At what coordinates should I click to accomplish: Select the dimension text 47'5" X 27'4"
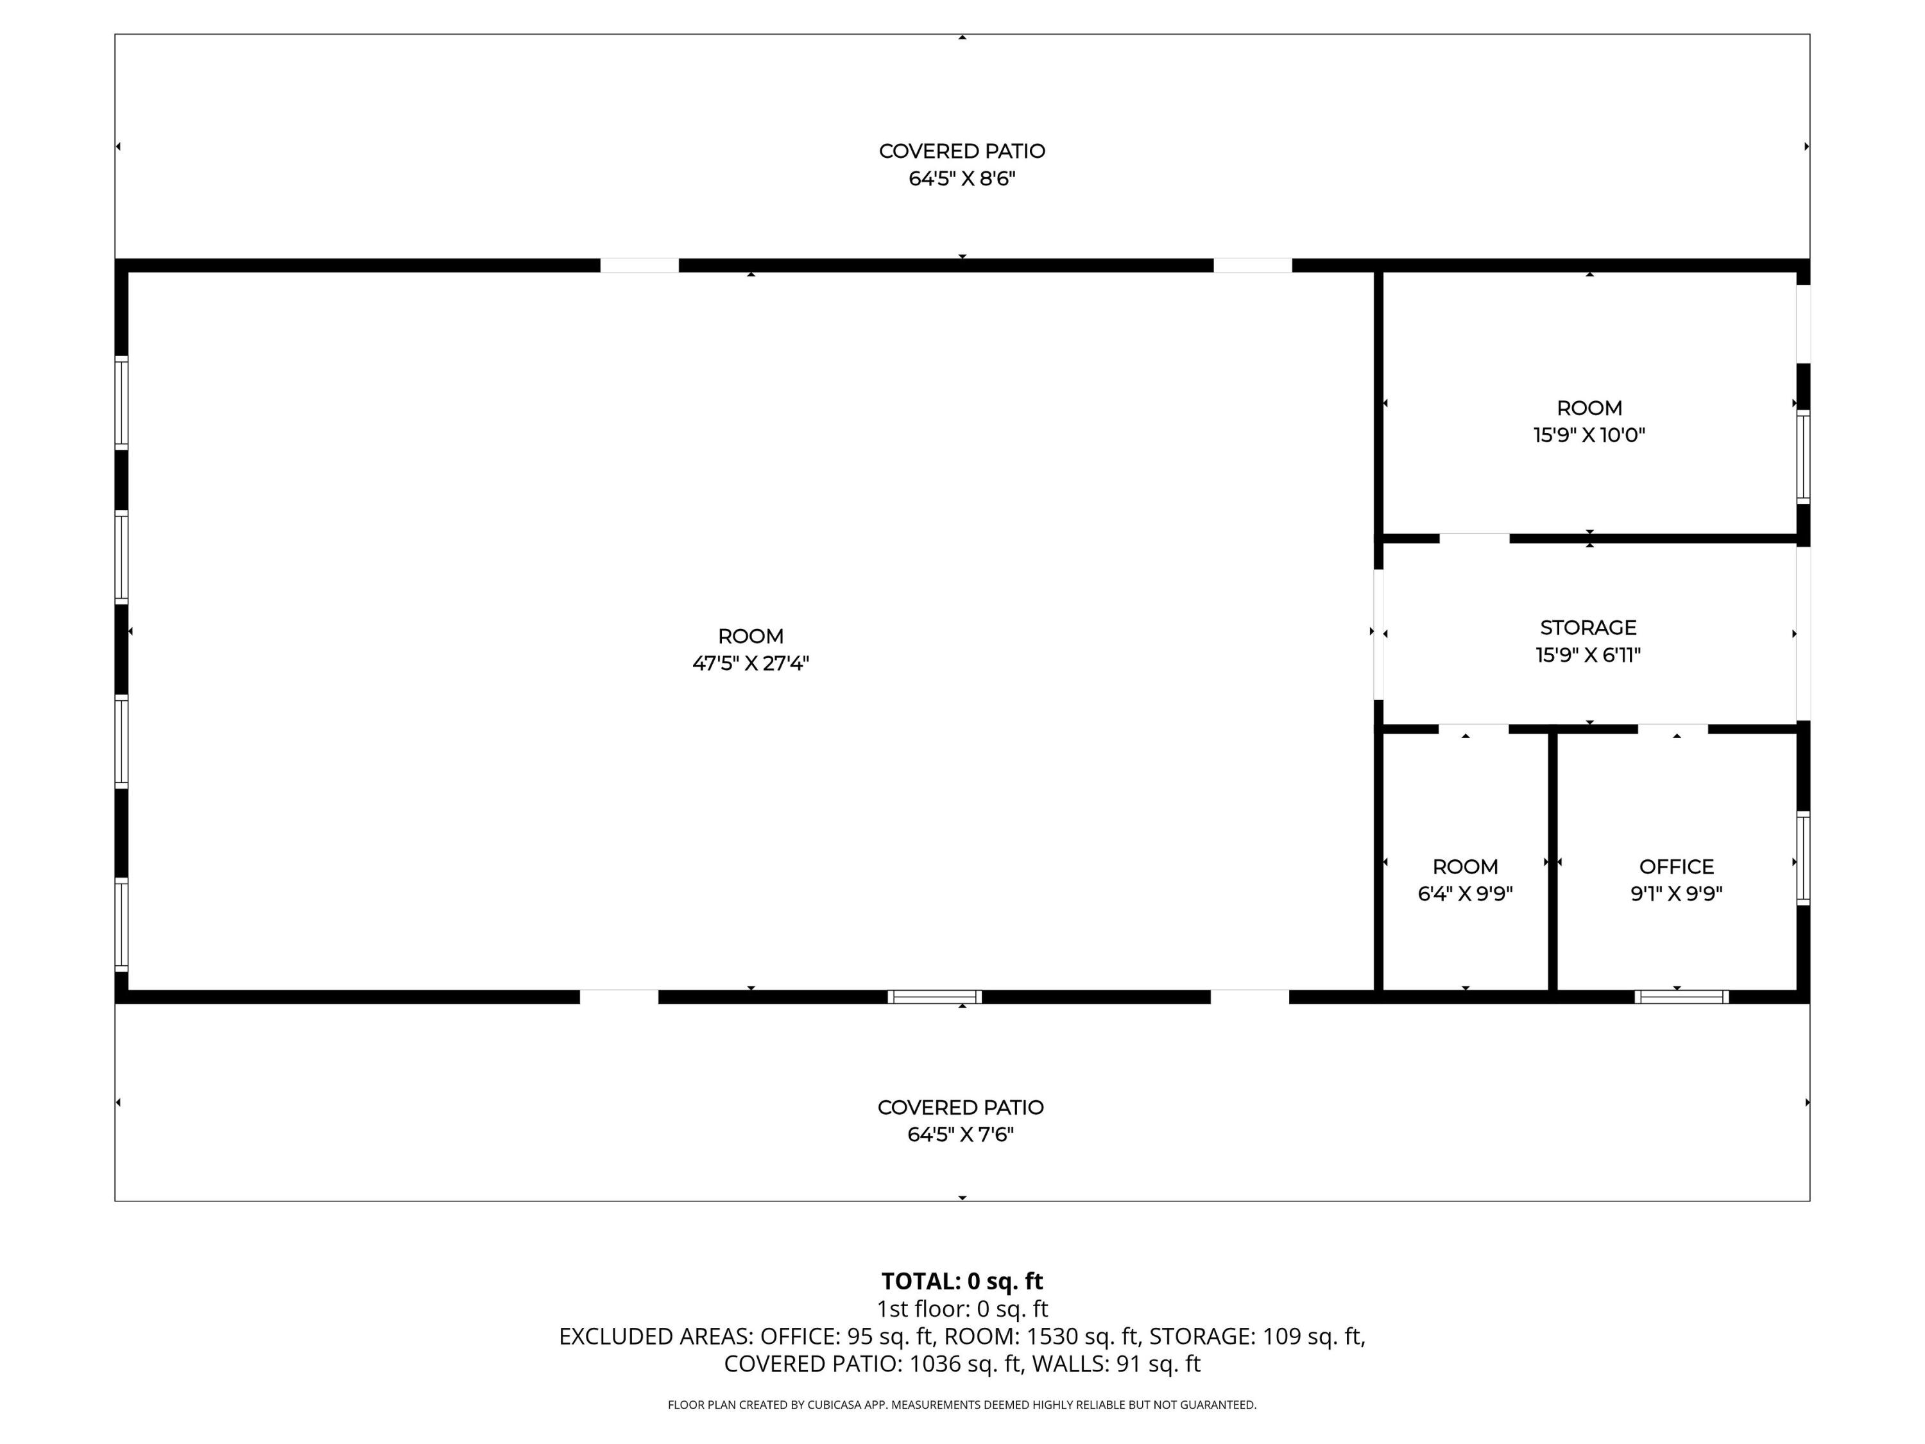tap(750, 663)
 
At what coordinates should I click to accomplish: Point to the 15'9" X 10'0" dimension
tap(1589, 435)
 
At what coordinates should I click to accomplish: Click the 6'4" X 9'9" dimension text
tap(1466, 894)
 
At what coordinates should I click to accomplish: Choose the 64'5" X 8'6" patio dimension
tap(962, 178)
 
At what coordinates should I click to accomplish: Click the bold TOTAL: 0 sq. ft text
tap(962, 1281)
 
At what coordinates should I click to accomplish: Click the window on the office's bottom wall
tap(1681, 997)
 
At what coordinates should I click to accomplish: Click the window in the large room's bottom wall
tap(935, 997)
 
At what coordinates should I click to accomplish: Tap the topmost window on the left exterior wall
tap(122, 403)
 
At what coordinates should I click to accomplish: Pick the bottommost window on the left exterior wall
tap(122, 924)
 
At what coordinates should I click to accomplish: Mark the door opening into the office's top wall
tap(1673, 728)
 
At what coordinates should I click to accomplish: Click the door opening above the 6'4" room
tap(1473, 728)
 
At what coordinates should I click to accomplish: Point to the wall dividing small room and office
tap(1553, 862)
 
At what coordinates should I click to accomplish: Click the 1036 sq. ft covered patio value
tap(964, 1364)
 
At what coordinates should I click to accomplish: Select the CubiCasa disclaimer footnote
tap(962, 1405)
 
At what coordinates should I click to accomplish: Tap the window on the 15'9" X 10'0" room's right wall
tap(1803, 457)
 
